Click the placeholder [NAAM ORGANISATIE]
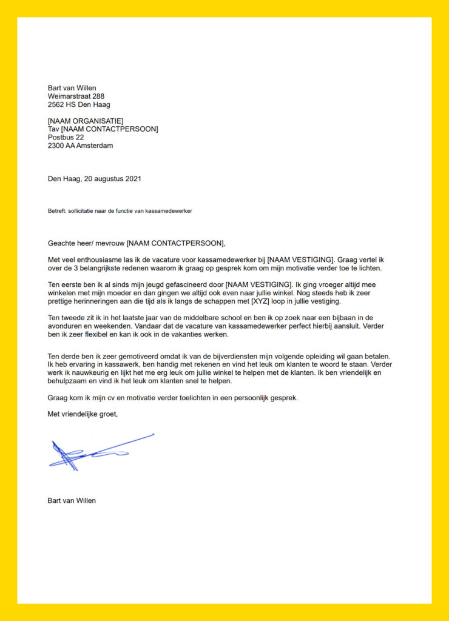[x=85, y=121]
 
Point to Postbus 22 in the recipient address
[x=66, y=137]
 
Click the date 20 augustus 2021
[x=110, y=178]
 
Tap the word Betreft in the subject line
[x=56, y=211]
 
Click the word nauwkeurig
[x=90, y=373]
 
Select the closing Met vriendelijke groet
[x=83, y=414]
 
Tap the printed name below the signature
[x=72, y=500]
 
